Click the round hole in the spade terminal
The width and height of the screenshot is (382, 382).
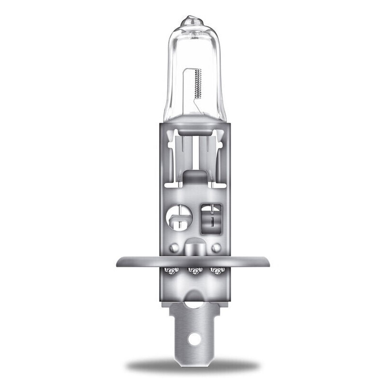[x=193, y=340]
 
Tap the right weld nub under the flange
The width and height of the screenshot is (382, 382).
[x=218, y=271]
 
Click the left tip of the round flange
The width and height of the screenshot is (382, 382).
[x=118, y=262]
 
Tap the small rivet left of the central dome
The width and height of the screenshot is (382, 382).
[x=175, y=248]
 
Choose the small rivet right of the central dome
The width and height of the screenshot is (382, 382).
[x=216, y=248]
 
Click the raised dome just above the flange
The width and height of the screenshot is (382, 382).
[x=195, y=248]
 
